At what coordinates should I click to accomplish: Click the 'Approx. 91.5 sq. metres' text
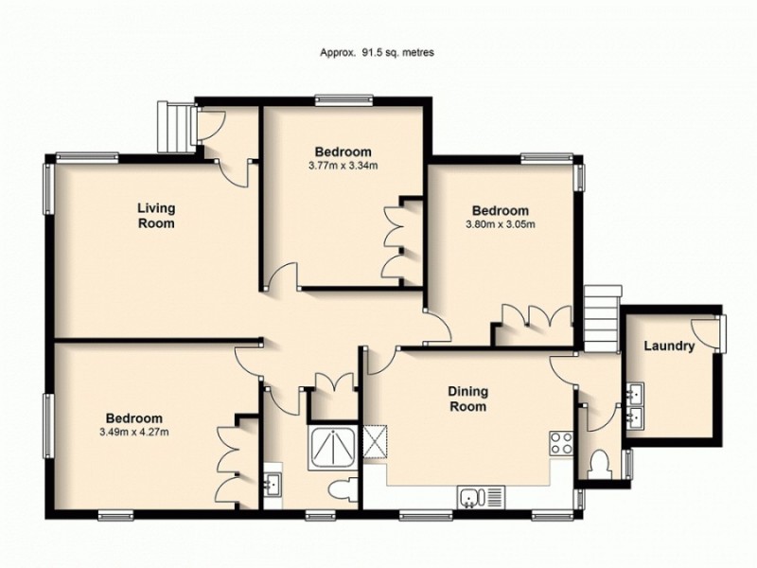click(377, 53)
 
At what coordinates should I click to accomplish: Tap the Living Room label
click(156, 216)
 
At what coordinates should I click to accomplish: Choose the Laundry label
click(669, 346)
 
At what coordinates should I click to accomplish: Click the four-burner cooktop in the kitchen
click(562, 443)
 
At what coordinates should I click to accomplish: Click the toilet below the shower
click(345, 489)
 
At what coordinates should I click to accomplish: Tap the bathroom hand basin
click(273, 485)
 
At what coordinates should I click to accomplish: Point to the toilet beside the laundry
click(598, 465)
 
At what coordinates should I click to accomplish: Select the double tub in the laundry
click(635, 402)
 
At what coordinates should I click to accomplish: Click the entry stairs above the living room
click(178, 127)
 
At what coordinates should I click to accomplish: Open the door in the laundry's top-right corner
click(709, 329)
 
